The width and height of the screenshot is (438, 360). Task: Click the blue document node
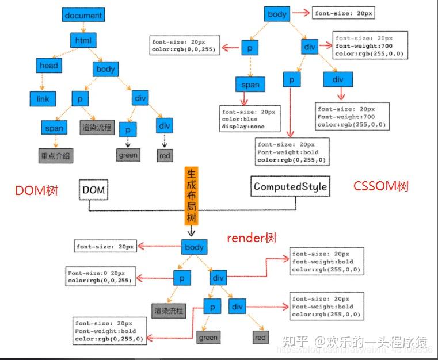pos(83,15)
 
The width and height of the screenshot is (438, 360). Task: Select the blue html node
pos(83,40)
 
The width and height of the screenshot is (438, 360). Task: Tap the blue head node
pos(49,66)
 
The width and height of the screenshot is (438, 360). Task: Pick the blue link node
pos(43,99)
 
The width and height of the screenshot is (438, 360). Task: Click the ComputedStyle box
pos(291,186)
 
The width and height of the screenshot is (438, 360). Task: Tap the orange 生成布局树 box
pos(192,196)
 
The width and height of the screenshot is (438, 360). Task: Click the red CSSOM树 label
pos(382,186)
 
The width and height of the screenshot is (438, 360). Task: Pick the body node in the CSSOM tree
pos(277,14)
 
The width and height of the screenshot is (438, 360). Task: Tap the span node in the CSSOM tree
pos(250,85)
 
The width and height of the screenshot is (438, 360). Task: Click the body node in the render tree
pos(194,247)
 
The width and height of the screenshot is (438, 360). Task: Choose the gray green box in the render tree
pos(208,338)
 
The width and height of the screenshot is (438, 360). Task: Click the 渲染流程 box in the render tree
pos(168,311)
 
